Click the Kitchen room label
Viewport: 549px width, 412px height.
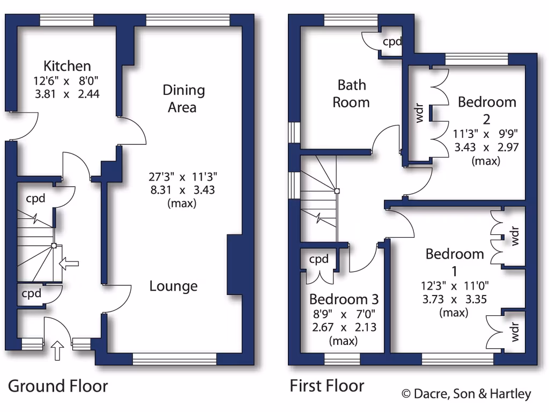(x=67, y=66)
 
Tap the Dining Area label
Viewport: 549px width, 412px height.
(x=183, y=99)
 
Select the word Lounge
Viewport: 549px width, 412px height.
(x=173, y=286)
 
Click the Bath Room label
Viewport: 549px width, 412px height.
(x=351, y=93)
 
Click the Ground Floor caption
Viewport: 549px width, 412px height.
(x=58, y=386)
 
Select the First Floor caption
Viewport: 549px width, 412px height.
(x=327, y=386)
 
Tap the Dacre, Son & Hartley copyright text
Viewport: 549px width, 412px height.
(x=466, y=394)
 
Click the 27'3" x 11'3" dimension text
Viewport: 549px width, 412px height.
(x=183, y=176)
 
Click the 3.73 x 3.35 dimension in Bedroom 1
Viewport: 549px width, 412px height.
(x=454, y=299)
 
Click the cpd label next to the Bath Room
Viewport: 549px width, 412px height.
(x=392, y=41)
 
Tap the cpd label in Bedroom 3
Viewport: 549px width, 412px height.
(x=319, y=260)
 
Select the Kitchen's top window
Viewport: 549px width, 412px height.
(x=67, y=20)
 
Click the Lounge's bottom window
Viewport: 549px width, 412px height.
(x=174, y=358)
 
